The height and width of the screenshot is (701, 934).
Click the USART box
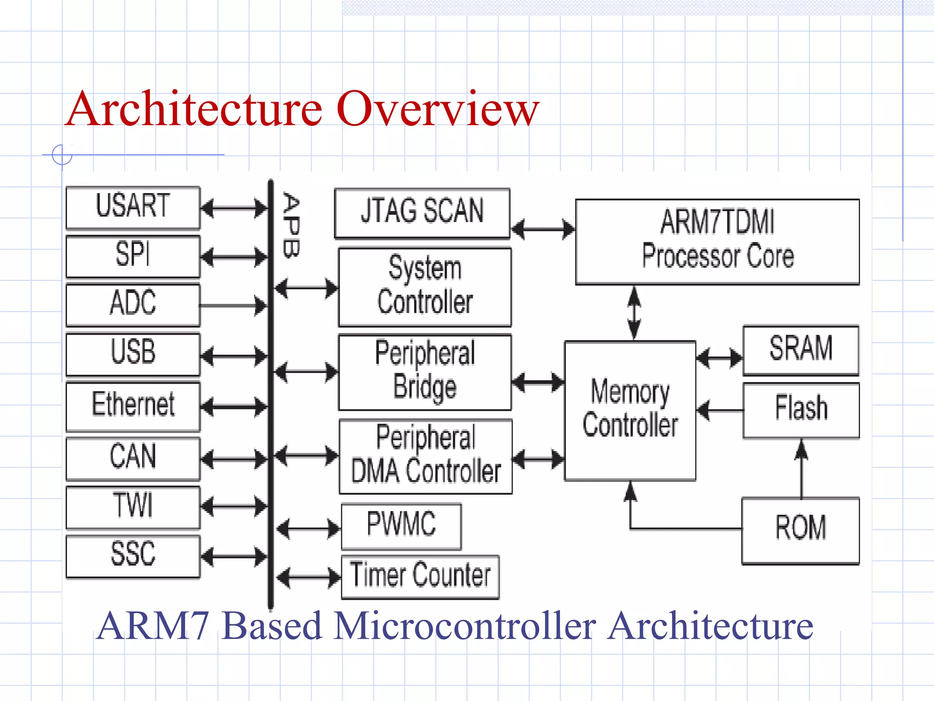(133, 207)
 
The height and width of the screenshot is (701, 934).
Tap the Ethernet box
(133, 406)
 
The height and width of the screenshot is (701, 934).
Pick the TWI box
(133, 507)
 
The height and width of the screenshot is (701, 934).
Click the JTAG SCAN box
(422, 213)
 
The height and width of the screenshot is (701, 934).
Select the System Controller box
(425, 287)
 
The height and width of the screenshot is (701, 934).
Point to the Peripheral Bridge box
(425, 372)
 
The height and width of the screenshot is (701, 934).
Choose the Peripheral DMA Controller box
(425, 456)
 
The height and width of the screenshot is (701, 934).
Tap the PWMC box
(401, 526)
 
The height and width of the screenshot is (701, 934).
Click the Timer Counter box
(420, 576)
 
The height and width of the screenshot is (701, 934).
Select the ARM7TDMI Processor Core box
(717, 241)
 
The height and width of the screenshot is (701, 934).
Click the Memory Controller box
(630, 410)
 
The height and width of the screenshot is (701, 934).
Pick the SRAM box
(800, 350)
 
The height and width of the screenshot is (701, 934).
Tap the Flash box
(801, 410)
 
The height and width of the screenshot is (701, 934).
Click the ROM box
(800, 530)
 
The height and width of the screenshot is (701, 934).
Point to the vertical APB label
(291, 225)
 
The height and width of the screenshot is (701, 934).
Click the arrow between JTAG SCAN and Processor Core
(542, 229)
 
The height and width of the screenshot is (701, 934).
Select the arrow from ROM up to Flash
(801, 468)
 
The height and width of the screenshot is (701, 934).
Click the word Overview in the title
(438, 110)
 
